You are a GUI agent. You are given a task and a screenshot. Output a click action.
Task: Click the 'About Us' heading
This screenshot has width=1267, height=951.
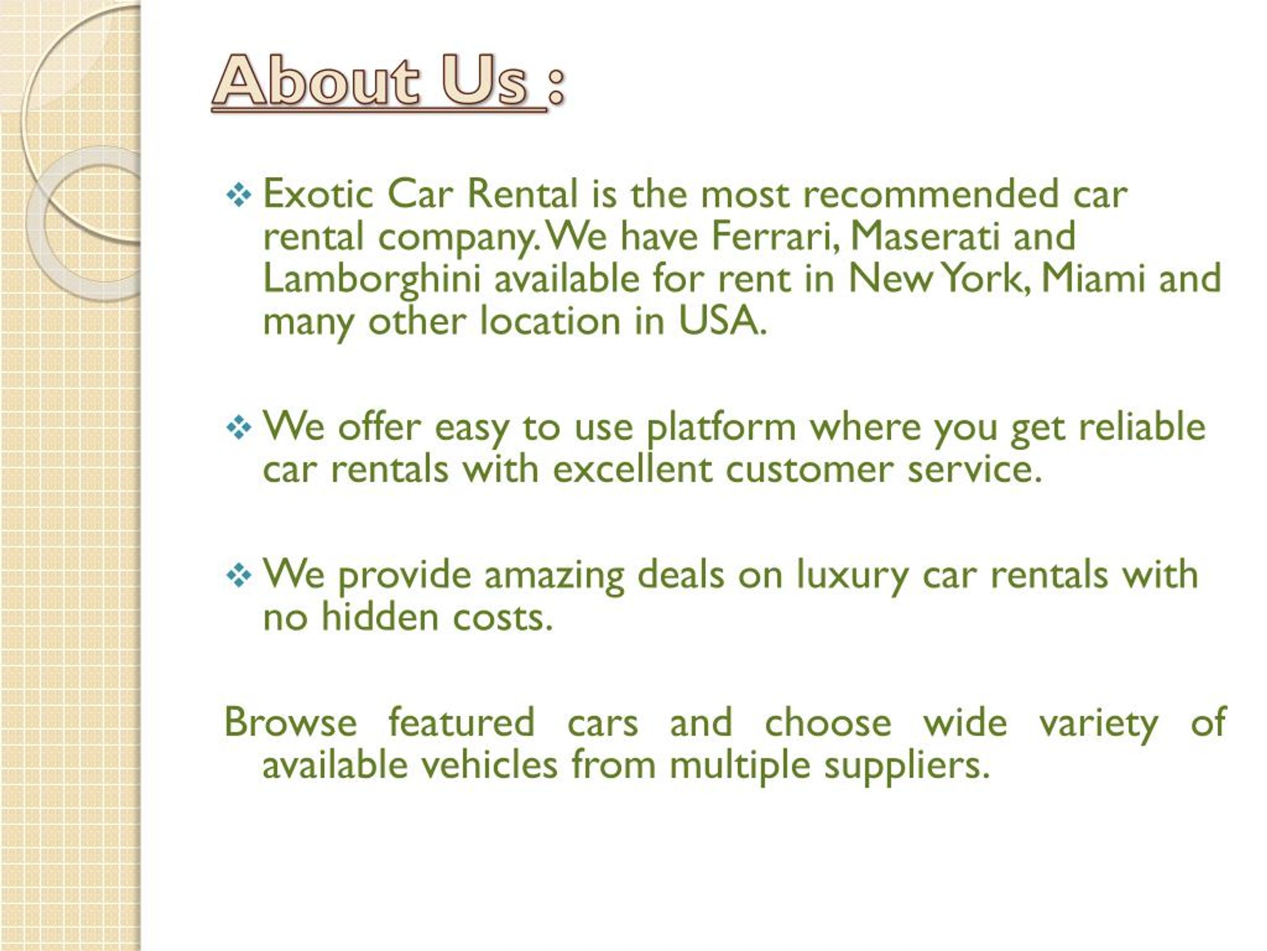[x=378, y=81]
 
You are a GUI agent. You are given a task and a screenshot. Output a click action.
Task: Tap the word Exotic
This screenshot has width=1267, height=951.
[x=318, y=195]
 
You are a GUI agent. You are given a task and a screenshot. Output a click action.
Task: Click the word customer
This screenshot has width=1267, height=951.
[x=809, y=470]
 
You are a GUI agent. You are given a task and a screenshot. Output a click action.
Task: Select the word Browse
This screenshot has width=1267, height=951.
[x=291, y=722]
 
